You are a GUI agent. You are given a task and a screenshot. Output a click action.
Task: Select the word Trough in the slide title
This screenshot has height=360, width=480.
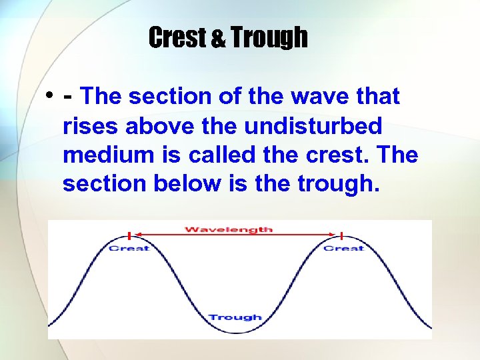[269, 38]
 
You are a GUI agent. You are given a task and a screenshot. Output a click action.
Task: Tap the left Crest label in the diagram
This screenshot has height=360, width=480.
[129, 248]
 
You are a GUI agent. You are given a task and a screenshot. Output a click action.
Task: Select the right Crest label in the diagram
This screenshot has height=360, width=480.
[343, 248]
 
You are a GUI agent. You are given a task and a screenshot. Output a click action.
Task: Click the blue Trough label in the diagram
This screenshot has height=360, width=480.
[235, 317]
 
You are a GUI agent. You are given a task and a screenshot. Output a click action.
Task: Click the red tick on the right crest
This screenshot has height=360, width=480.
[341, 235]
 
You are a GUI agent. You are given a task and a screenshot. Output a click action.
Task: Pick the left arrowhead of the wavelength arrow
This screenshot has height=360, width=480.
[138, 234]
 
